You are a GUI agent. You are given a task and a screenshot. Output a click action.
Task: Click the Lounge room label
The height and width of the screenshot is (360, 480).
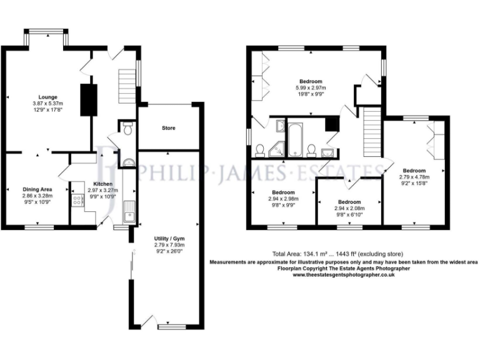pos(47,97)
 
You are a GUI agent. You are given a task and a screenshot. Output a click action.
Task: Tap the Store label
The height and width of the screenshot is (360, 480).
pos(168,128)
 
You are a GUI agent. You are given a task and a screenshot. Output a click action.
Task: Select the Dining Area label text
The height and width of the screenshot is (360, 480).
pos(37,188)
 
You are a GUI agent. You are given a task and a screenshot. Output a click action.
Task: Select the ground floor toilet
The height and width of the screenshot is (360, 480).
pos(127,129)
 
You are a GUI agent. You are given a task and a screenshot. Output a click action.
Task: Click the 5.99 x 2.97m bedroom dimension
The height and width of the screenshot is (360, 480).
pos(310,88)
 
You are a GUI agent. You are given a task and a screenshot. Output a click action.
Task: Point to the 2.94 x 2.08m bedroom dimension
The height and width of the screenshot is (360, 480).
pos(349,209)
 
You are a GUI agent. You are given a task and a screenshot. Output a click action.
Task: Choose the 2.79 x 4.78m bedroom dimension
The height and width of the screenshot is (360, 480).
pos(414,177)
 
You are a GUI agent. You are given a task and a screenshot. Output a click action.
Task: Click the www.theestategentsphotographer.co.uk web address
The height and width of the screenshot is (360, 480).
pos(343,275)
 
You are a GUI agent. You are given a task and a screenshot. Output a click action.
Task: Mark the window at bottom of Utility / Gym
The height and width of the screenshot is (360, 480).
pos(172,326)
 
